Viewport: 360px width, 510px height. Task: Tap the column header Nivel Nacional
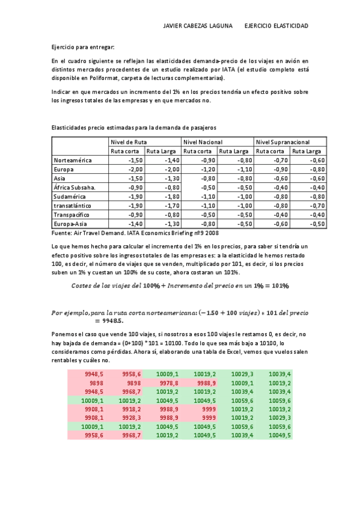pos(200,141)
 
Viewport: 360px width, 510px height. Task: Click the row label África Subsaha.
pos(75,188)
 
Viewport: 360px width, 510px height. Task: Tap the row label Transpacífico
pos(72,215)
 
